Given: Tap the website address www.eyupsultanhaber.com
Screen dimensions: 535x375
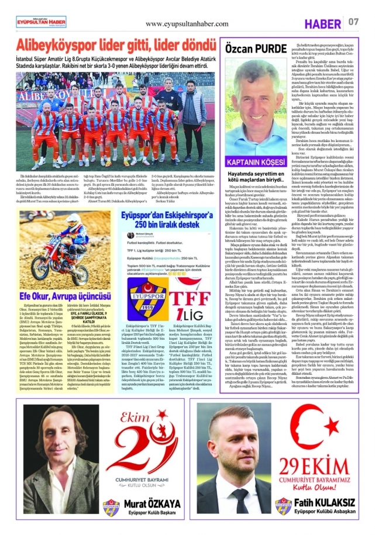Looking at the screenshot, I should (x=187, y=23).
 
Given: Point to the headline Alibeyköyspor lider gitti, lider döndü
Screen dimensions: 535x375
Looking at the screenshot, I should (x=108, y=46).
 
